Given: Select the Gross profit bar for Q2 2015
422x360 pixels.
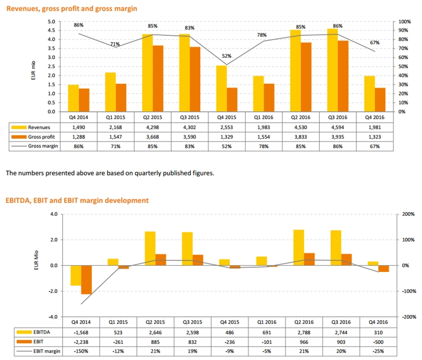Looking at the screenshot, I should [158, 79].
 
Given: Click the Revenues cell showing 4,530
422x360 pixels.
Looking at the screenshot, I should [300, 128].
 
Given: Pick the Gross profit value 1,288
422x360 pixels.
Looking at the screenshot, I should [79, 137].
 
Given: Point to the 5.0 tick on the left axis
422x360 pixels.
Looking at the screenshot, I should [52, 22].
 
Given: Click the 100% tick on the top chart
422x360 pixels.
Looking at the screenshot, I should [404, 22].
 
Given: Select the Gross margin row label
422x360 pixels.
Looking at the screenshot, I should [43, 145].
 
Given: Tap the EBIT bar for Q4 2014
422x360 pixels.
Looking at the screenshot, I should [86, 279].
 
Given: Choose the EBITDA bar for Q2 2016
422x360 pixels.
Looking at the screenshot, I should [299, 248].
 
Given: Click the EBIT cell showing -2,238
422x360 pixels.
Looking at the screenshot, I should [79, 342].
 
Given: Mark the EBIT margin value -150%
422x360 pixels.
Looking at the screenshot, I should [79, 351].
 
